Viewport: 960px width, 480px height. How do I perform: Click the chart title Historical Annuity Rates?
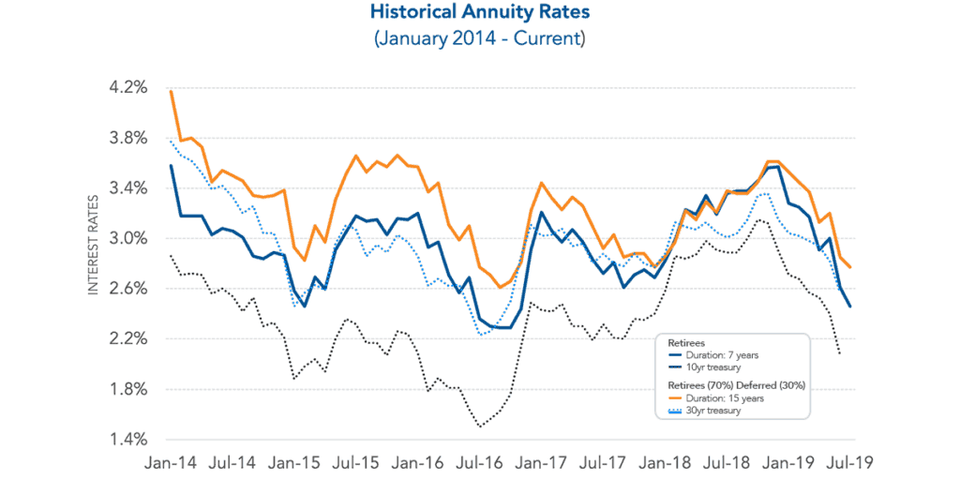479,14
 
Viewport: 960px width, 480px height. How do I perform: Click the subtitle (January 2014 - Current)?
479,38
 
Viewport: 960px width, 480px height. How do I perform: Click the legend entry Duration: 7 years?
713,355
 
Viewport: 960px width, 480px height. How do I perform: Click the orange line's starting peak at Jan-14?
171,91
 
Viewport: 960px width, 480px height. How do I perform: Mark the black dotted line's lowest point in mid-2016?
480,427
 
